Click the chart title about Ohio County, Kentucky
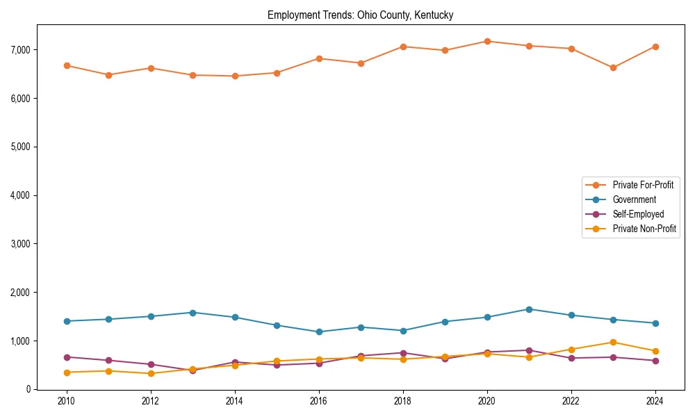[x=360, y=15]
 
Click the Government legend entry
[x=634, y=199]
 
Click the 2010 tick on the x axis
[x=67, y=401]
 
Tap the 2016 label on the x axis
[x=318, y=401]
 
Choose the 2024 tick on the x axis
[x=655, y=401]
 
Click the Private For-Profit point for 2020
[x=486, y=41]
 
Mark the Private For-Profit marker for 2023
[x=613, y=68]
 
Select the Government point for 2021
[x=529, y=309]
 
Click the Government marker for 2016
[x=318, y=332]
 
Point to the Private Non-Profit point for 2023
[x=613, y=342]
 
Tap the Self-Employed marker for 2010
[x=67, y=357]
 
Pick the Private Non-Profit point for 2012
[x=151, y=373]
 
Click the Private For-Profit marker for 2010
[x=67, y=65]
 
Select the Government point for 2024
[x=655, y=323]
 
